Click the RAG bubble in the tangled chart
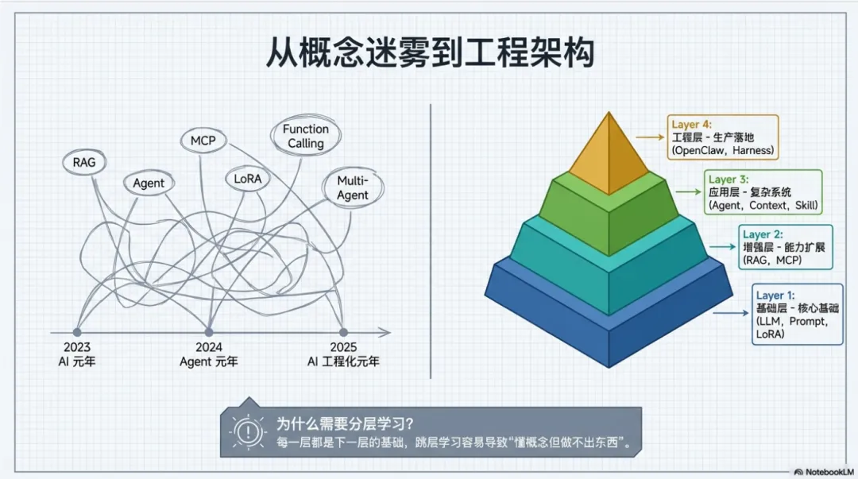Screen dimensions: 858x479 (x=83, y=162)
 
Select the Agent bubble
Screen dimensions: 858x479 (x=149, y=183)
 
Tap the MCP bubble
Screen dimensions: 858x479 (x=203, y=141)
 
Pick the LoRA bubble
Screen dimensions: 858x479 (x=247, y=179)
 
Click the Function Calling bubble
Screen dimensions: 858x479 (x=305, y=136)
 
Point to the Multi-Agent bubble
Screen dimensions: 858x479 (x=352, y=188)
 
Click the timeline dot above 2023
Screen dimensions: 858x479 (x=77, y=331)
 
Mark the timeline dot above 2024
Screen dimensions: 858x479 (x=208, y=331)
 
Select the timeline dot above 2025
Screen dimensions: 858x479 (x=343, y=331)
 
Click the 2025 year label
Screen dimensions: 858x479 (x=343, y=347)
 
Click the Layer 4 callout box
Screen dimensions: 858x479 (x=723, y=137)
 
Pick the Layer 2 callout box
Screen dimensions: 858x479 (x=783, y=247)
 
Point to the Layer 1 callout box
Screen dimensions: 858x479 (x=797, y=314)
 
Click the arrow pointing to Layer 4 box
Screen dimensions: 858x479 (x=651, y=137)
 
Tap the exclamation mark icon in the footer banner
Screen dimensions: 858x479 (x=248, y=431)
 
